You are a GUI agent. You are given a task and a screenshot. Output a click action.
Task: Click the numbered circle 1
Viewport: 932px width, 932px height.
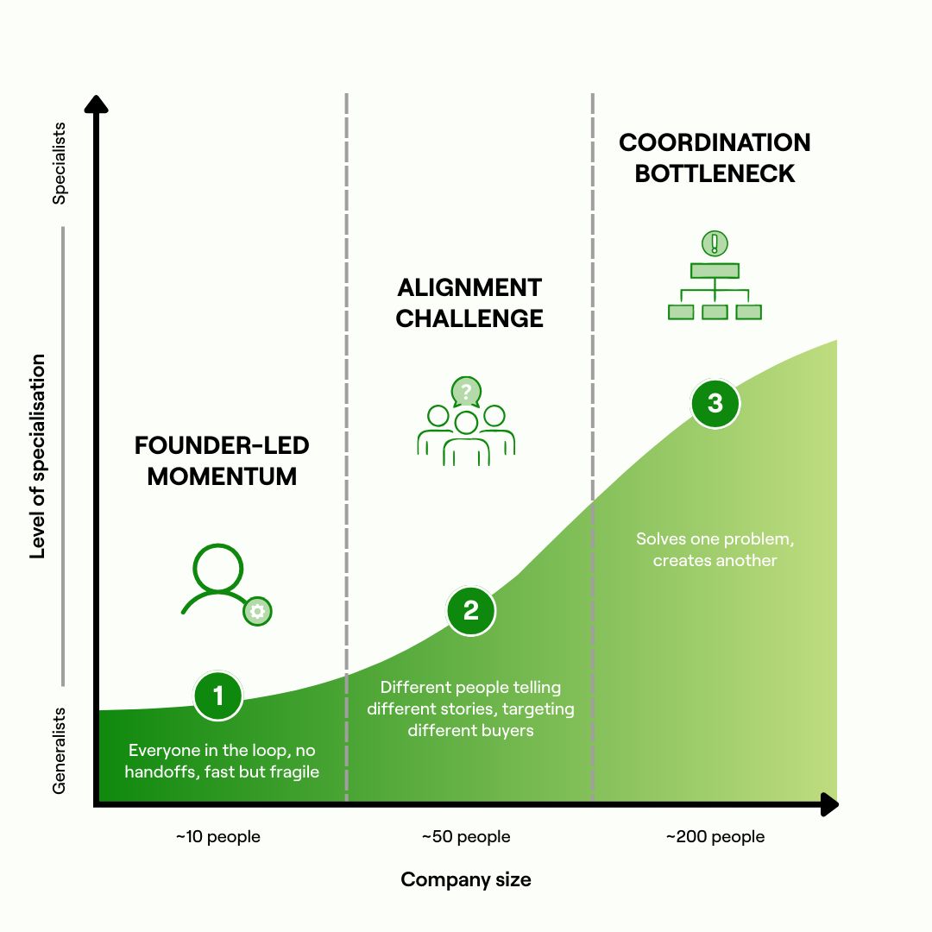pos(218,696)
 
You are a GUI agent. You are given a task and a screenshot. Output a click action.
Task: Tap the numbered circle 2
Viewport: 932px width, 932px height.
pos(471,610)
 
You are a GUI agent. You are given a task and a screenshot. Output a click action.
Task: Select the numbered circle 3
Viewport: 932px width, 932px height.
pos(715,404)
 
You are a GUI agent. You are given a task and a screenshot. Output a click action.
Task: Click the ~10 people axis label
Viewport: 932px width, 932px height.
pos(218,836)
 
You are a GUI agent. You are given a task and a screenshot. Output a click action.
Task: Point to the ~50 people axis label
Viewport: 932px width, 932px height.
pos(466,836)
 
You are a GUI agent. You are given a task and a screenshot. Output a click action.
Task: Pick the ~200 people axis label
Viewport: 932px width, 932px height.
pos(715,836)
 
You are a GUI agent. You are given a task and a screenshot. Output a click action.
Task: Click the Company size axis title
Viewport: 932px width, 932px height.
pos(466,879)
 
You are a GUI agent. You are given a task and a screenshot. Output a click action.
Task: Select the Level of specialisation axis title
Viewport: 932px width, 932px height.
pos(37,457)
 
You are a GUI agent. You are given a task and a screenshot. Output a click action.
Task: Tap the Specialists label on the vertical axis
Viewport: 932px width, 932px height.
pos(59,163)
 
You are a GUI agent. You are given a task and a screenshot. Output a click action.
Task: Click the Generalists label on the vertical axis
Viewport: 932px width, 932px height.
pos(59,751)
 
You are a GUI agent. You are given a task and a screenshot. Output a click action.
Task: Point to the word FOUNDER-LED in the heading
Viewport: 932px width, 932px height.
pos(222,445)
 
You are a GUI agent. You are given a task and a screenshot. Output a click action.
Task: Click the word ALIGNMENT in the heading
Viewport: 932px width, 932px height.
pos(469,287)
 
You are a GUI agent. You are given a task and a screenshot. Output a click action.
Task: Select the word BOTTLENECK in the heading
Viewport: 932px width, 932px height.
pos(715,173)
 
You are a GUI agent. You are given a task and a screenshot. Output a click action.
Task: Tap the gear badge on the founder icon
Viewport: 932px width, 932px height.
pos(257,611)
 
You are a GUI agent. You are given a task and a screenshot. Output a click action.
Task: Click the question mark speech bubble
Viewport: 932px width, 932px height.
pos(466,392)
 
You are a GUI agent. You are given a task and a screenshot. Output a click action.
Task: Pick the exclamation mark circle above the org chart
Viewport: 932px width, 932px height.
pos(715,243)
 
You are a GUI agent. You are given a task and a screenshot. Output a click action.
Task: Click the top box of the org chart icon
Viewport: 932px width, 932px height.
pos(715,271)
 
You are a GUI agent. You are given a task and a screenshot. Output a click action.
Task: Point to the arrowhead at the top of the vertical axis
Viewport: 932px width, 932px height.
pos(97,104)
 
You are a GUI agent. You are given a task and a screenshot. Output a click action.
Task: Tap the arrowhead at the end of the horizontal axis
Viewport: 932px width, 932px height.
pos(830,804)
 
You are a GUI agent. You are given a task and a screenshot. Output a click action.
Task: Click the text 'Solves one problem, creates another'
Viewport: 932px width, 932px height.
pos(715,549)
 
